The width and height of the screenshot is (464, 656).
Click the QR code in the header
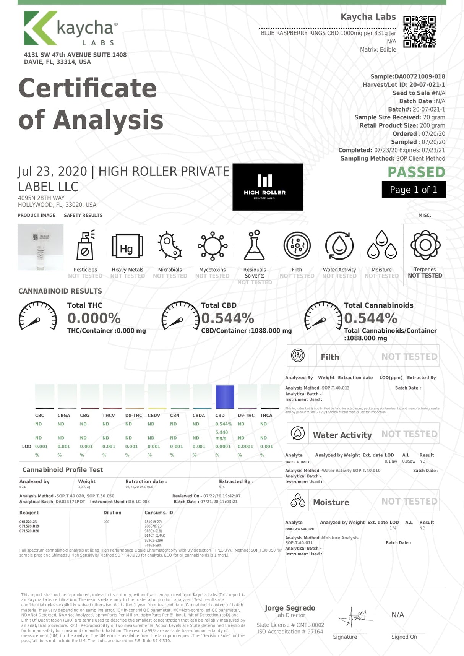(x=419, y=31)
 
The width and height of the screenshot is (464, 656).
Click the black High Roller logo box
(x=268, y=187)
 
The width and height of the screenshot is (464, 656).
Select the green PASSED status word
(x=416, y=172)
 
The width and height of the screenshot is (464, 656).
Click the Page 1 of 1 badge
(x=414, y=190)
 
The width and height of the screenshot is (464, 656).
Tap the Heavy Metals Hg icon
(x=127, y=247)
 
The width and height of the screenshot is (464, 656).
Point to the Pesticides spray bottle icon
(x=86, y=246)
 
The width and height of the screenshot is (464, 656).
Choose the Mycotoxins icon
(x=213, y=246)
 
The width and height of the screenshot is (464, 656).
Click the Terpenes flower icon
(x=425, y=245)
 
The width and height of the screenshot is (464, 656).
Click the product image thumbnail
(x=41, y=247)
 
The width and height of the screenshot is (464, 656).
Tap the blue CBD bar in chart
(x=225, y=397)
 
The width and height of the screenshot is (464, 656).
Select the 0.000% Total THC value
(x=94, y=318)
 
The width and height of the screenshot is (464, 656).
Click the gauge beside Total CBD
(x=180, y=316)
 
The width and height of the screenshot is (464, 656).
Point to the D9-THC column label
(x=246, y=415)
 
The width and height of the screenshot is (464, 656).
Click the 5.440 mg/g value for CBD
(x=221, y=435)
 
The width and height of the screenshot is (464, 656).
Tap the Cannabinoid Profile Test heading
(x=63, y=470)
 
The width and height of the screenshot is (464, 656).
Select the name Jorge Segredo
(x=290, y=608)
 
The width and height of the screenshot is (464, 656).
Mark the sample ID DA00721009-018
(x=420, y=76)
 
